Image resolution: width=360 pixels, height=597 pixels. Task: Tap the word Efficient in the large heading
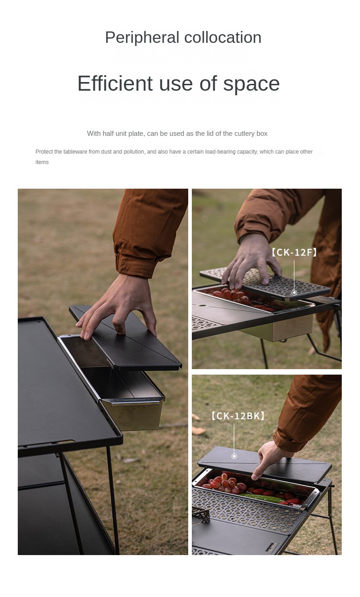(x=114, y=83)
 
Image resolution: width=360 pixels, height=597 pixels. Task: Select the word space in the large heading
(x=251, y=83)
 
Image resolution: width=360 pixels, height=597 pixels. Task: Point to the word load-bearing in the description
(x=221, y=152)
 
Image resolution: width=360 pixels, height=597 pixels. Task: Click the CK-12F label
(x=294, y=252)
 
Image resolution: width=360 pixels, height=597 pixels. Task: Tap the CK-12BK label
(x=237, y=416)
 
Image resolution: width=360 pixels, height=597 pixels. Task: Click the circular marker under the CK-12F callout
(x=294, y=292)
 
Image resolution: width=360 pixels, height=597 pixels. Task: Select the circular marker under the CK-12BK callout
(x=234, y=456)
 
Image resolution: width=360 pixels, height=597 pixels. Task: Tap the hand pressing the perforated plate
(x=248, y=264)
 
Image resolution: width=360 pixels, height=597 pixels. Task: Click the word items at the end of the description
(x=42, y=162)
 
